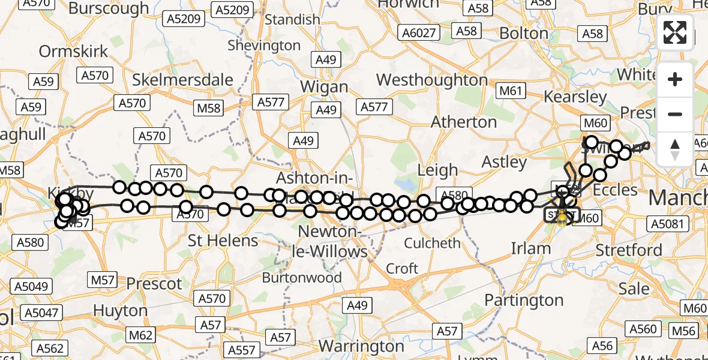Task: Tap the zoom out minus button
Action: [x=675, y=114]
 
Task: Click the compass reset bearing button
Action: [x=675, y=149]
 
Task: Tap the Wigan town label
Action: [x=324, y=86]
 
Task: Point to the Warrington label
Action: [x=361, y=346]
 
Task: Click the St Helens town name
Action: [x=223, y=241]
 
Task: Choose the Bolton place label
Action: [x=524, y=33]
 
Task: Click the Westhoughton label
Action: [x=432, y=80]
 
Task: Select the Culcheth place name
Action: [x=433, y=243]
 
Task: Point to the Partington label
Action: [x=524, y=299]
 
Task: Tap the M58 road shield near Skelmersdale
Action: [x=208, y=109]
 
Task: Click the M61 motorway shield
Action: [x=511, y=91]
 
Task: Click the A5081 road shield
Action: [x=667, y=224]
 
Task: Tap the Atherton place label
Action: [x=464, y=122]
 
